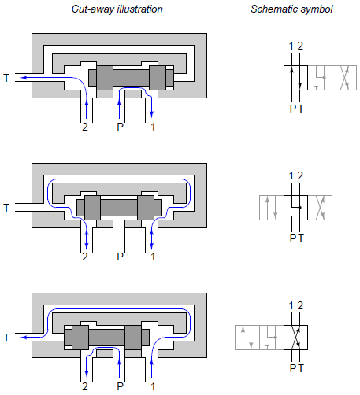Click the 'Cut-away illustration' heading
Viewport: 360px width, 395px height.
coord(117,9)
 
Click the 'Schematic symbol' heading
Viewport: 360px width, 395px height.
coord(291,9)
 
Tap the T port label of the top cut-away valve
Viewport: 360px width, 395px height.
coord(6,78)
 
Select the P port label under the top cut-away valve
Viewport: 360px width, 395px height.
coord(120,127)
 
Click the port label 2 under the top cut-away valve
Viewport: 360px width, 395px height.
coord(85,127)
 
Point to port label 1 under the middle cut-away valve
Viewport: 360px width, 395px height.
coord(153,257)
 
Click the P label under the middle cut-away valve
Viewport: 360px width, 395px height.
coord(120,257)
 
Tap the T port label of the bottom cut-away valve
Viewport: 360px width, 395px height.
coord(6,338)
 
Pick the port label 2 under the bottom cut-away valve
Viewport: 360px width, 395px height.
coord(85,386)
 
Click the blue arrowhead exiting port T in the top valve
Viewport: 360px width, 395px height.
coord(23,78)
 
